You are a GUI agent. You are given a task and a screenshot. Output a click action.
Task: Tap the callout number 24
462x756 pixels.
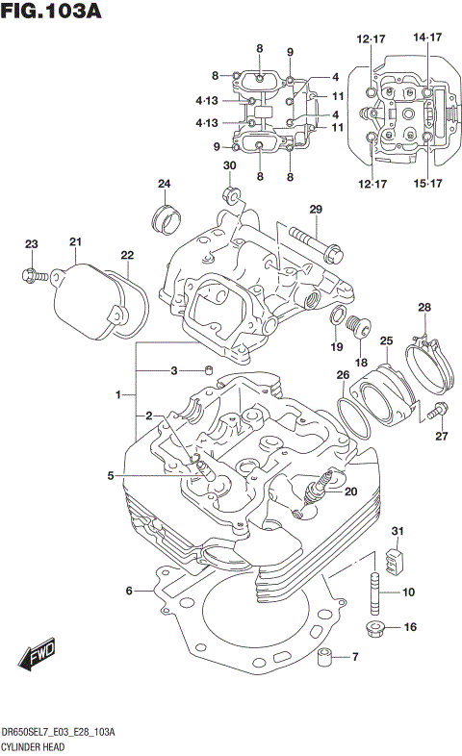(165, 184)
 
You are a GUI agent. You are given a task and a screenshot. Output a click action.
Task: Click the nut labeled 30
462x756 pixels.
(231, 197)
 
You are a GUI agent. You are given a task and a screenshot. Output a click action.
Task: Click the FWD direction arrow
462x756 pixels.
(37, 658)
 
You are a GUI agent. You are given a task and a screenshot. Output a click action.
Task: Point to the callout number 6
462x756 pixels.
(128, 591)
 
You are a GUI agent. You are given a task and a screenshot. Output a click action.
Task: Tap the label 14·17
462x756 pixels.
(427, 38)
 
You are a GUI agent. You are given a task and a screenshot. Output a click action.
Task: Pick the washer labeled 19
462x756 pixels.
(338, 317)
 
